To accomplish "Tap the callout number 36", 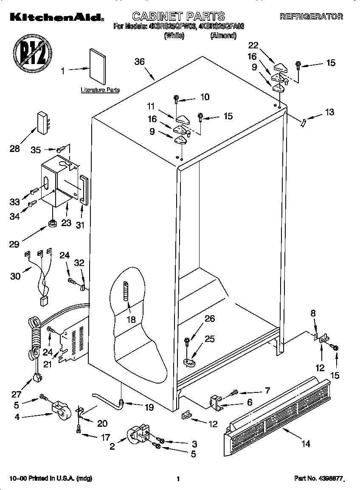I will (x=140, y=62).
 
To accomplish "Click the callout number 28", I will (x=14, y=149).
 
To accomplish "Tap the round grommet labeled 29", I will (x=53, y=223).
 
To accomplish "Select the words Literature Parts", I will (x=100, y=90).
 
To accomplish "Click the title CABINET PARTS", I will (x=178, y=17).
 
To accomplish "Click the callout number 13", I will (x=329, y=112).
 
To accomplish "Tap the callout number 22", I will (x=253, y=45).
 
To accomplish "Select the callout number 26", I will (x=210, y=319).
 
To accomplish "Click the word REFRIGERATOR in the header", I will (x=311, y=17).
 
